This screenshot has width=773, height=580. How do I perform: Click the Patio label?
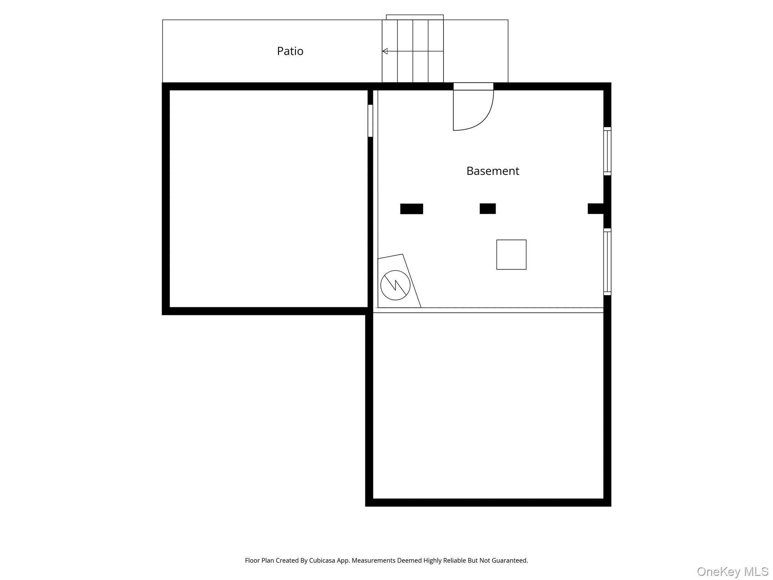pos(290,51)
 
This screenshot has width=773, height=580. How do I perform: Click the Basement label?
pos(493,171)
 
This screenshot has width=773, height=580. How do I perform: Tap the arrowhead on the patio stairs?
pos(385,51)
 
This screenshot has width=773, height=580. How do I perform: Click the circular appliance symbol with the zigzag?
pos(395,285)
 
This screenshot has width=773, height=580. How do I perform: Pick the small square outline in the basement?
pos(511,255)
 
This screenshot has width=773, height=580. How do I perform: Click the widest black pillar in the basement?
pos(411,209)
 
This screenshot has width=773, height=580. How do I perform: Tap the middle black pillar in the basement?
pos(487,208)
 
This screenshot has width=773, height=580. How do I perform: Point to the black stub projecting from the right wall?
pos(595,208)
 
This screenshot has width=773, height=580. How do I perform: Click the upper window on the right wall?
pos(607,151)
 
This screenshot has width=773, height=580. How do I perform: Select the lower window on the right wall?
pos(607,262)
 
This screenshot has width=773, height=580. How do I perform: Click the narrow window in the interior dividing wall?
pos(370,120)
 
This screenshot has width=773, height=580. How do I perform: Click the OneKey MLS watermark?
pos(732,572)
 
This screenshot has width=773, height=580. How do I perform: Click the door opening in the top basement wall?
pos(473,86)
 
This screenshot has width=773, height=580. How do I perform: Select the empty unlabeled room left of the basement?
pos(268,198)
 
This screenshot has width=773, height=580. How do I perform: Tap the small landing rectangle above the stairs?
pos(414,17)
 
